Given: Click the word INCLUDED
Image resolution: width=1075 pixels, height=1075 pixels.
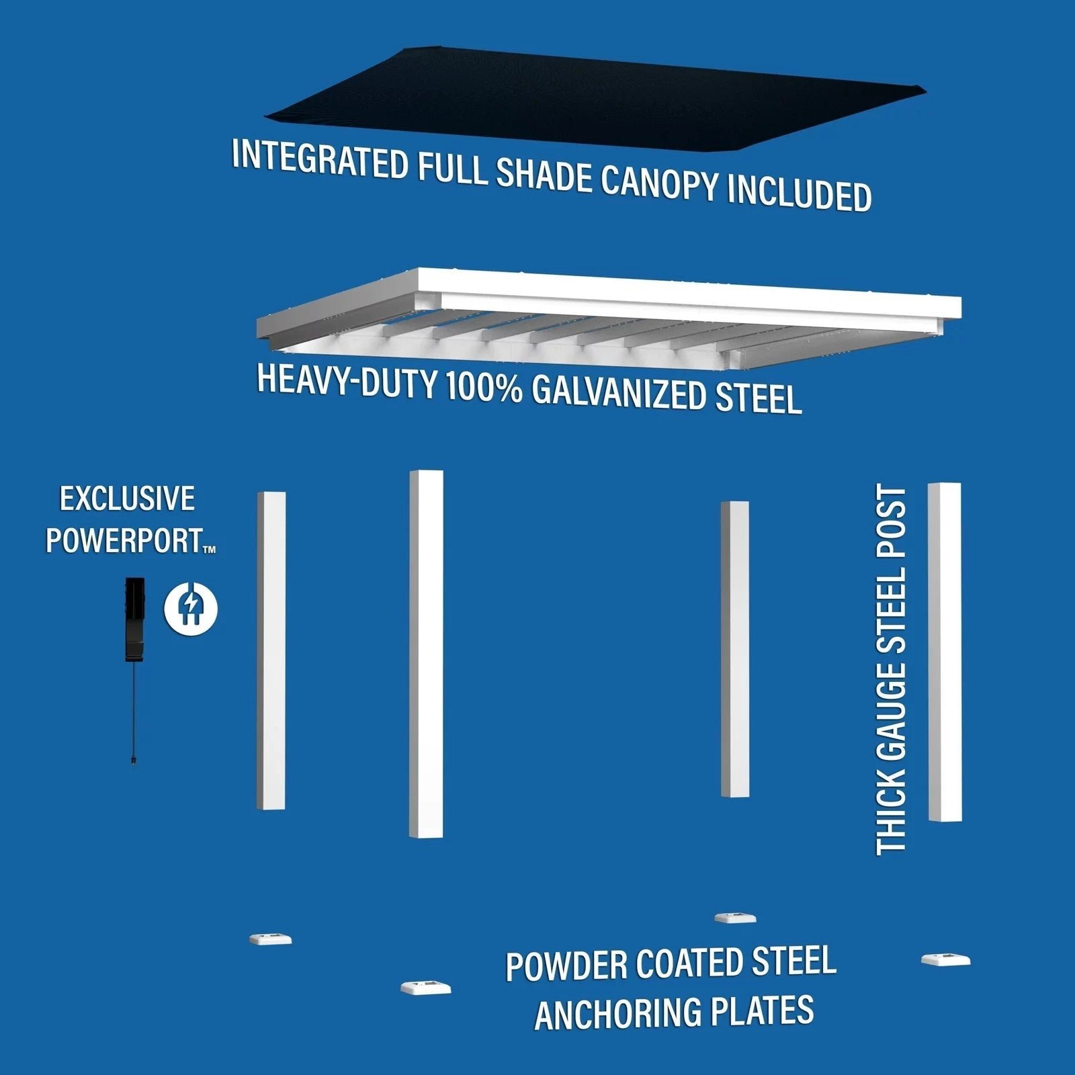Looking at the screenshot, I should pos(800,193).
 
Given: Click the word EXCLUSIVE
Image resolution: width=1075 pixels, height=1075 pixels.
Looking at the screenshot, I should pos(128,499).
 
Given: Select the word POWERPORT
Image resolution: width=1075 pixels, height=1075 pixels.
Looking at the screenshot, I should pos(125,541).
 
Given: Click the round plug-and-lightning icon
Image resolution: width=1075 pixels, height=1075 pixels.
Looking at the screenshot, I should pos(191,608).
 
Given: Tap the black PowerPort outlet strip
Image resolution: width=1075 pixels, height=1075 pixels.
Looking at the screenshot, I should pos(134,618).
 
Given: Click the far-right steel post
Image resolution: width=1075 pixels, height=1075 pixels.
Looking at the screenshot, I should pos(944,652).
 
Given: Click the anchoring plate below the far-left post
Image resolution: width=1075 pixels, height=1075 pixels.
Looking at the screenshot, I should pos(270,939).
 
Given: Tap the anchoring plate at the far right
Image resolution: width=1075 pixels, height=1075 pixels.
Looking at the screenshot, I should pos(945,959).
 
